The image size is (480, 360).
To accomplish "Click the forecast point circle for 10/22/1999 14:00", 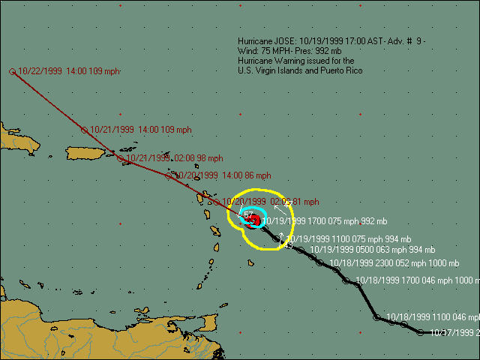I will tap(13, 72).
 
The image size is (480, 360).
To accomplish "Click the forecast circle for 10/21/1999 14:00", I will tap(84, 130).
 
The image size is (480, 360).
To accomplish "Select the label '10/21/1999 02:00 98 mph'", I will tap(174, 158).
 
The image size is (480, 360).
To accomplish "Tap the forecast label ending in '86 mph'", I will tap(219, 175).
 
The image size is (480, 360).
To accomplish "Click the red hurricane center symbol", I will tap(255, 220).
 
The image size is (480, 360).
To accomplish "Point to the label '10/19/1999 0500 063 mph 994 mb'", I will tap(372, 250).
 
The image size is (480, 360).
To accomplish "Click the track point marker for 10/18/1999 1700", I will tap(346, 280).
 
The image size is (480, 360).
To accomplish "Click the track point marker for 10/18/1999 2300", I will tap(321, 263).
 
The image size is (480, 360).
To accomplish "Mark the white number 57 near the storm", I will tap(249, 215).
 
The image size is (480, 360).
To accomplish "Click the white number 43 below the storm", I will tap(289, 245).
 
